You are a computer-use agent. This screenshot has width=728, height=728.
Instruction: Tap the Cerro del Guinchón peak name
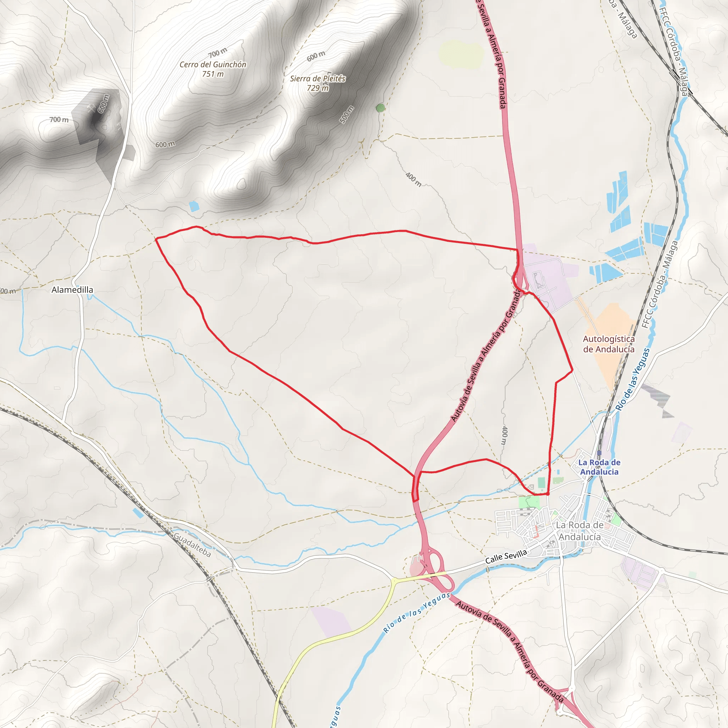(x=213, y=64)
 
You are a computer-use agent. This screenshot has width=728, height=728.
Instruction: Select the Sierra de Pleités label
(x=318, y=78)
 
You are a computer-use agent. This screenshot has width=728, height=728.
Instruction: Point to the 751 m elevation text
(x=213, y=74)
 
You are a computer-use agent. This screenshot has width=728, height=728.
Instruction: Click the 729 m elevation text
(x=318, y=88)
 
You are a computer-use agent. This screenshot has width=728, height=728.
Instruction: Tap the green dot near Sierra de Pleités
(x=380, y=108)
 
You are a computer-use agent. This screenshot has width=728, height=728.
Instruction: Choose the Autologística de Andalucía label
(x=609, y=344)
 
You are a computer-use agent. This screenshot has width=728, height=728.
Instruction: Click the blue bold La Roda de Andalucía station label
(x=599, y=467)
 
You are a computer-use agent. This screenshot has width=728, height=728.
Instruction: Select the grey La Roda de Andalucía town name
(x=579, y=531)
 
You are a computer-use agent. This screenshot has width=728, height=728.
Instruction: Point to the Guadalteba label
(x=192, y=545)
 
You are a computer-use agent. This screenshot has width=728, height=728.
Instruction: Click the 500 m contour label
(x=347, y=114)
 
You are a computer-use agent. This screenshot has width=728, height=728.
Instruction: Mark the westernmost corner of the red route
(x=156, y=239)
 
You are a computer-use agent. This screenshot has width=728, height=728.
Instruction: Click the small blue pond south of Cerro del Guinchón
(x=194, y=206)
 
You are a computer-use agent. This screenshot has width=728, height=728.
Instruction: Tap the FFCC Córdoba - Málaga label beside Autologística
(x=659, y=284)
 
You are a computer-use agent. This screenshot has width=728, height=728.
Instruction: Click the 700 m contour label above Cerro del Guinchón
(x=218, y=53)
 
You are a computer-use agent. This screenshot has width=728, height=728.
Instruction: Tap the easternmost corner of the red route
(x=572, y=371)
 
